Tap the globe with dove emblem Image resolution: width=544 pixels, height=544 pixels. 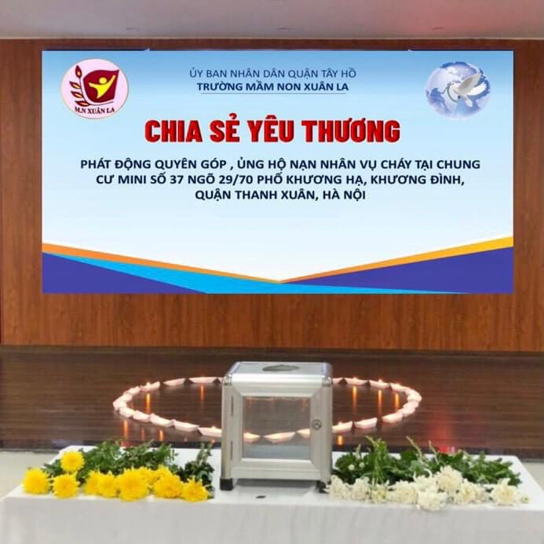pos(458,89)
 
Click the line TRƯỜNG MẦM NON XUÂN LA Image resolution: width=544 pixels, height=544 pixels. pos(272,86)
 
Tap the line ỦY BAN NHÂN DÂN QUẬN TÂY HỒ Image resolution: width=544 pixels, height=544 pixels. pos(272,73)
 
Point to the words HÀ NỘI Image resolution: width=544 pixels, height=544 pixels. pos(344,195)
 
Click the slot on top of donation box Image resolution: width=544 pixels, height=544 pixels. pos(280,367)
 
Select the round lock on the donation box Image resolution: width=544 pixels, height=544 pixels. pos(316,424)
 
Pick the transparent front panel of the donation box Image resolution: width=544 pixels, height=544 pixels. pos(276,428)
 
